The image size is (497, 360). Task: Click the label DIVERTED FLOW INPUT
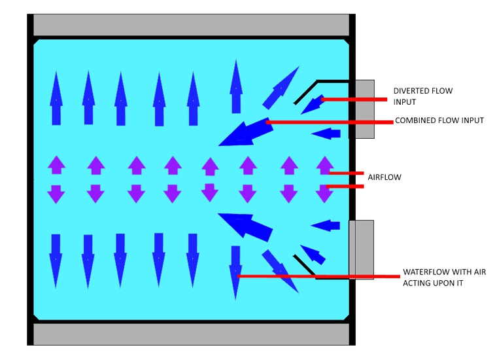click(x=422, y=96)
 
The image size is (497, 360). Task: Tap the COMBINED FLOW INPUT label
click(x=439, y=120)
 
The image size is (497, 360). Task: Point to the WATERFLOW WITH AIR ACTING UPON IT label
click(x=444, y=277)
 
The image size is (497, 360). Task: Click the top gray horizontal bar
click(x=191, y=25)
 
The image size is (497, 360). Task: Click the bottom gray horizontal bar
click(x=191, y=333)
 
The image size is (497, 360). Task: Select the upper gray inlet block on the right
click(x=364, y=109)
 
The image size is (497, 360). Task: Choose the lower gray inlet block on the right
click(x=361, y=249)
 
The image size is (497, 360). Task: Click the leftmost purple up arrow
click(x=56, y=164)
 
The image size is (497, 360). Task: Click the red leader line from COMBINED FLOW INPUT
click(x=327, y=122)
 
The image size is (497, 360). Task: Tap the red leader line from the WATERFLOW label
click(x=320, y=276)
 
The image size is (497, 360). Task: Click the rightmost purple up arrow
click(x=325, y=165)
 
